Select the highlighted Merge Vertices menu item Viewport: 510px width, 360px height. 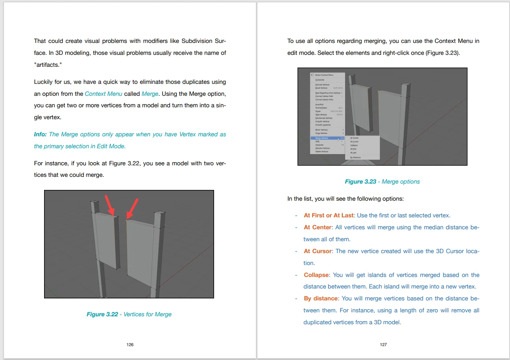pyautogui.click(x=322, y=138)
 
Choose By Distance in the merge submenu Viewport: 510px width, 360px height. pyautogui.click(x=355, y=157)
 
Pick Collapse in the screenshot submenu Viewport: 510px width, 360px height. pyautogui.click(x=354, y=145)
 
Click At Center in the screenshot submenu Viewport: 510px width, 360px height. pyautogui.click(x=354, y=138)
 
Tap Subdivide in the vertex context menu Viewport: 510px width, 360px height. pyautogui.click(x=320, y=80)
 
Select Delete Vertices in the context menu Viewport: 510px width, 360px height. pyautogui.click(x=322, y=151)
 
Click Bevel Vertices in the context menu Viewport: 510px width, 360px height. pyautogui.click(x=322, y=88)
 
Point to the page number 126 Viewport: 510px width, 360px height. pyautogui.click(x=130, y=345)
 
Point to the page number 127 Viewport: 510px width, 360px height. pyautogui.click(x=383, y=345)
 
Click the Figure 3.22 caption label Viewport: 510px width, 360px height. pyautogui.click(x=102, y=314)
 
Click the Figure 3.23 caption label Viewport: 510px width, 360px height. pyautogui.click(x=360, y=182)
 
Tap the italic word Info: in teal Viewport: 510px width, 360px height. pyautogui.click(x=41, y=134)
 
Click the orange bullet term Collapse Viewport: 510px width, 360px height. pyautogui.click(x=316, y=275)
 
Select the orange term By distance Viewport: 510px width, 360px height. pyautogui.click(x=321, y=298)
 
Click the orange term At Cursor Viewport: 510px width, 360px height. pyautogui.click(x=317, y=251)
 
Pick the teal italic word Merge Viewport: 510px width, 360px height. pyautogui.click(x=150, y=94)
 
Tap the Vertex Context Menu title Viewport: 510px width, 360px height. pyautogui.click(x=324, y=75)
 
